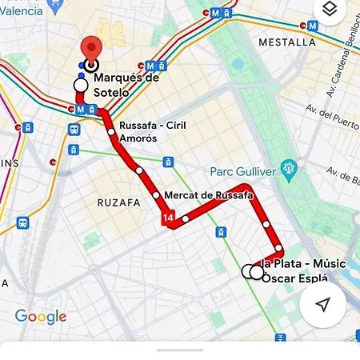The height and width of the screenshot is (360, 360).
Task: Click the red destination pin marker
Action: pyautogui.click(x=91, y=50)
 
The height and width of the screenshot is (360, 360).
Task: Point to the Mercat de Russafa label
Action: pyautogui.click(x=207, y=195)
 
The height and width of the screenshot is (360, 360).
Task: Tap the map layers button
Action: pyautogui.click(x=329, y=10)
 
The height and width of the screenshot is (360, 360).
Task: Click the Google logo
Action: pyautogui.click(x=40, y=317)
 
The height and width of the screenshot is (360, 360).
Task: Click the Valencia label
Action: pyautogui.click(x=21, y=11)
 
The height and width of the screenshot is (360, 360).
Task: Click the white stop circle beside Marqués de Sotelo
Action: pyautogui.click(x=80, y=85)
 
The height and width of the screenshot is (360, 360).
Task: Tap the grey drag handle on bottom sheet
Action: pyautogui.click(x=179, y=350)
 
